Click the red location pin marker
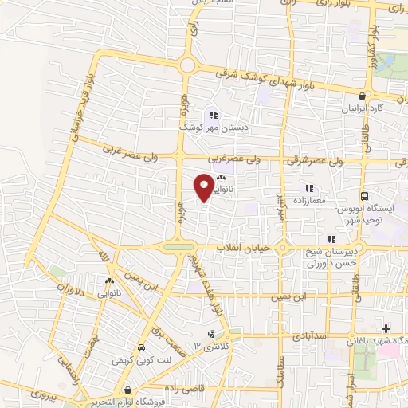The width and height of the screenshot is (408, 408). point(203,186)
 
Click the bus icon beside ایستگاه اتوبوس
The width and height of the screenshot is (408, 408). point(365,196)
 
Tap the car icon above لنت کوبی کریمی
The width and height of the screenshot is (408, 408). point(141,348)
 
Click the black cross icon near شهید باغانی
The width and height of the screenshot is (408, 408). point(386,328)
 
